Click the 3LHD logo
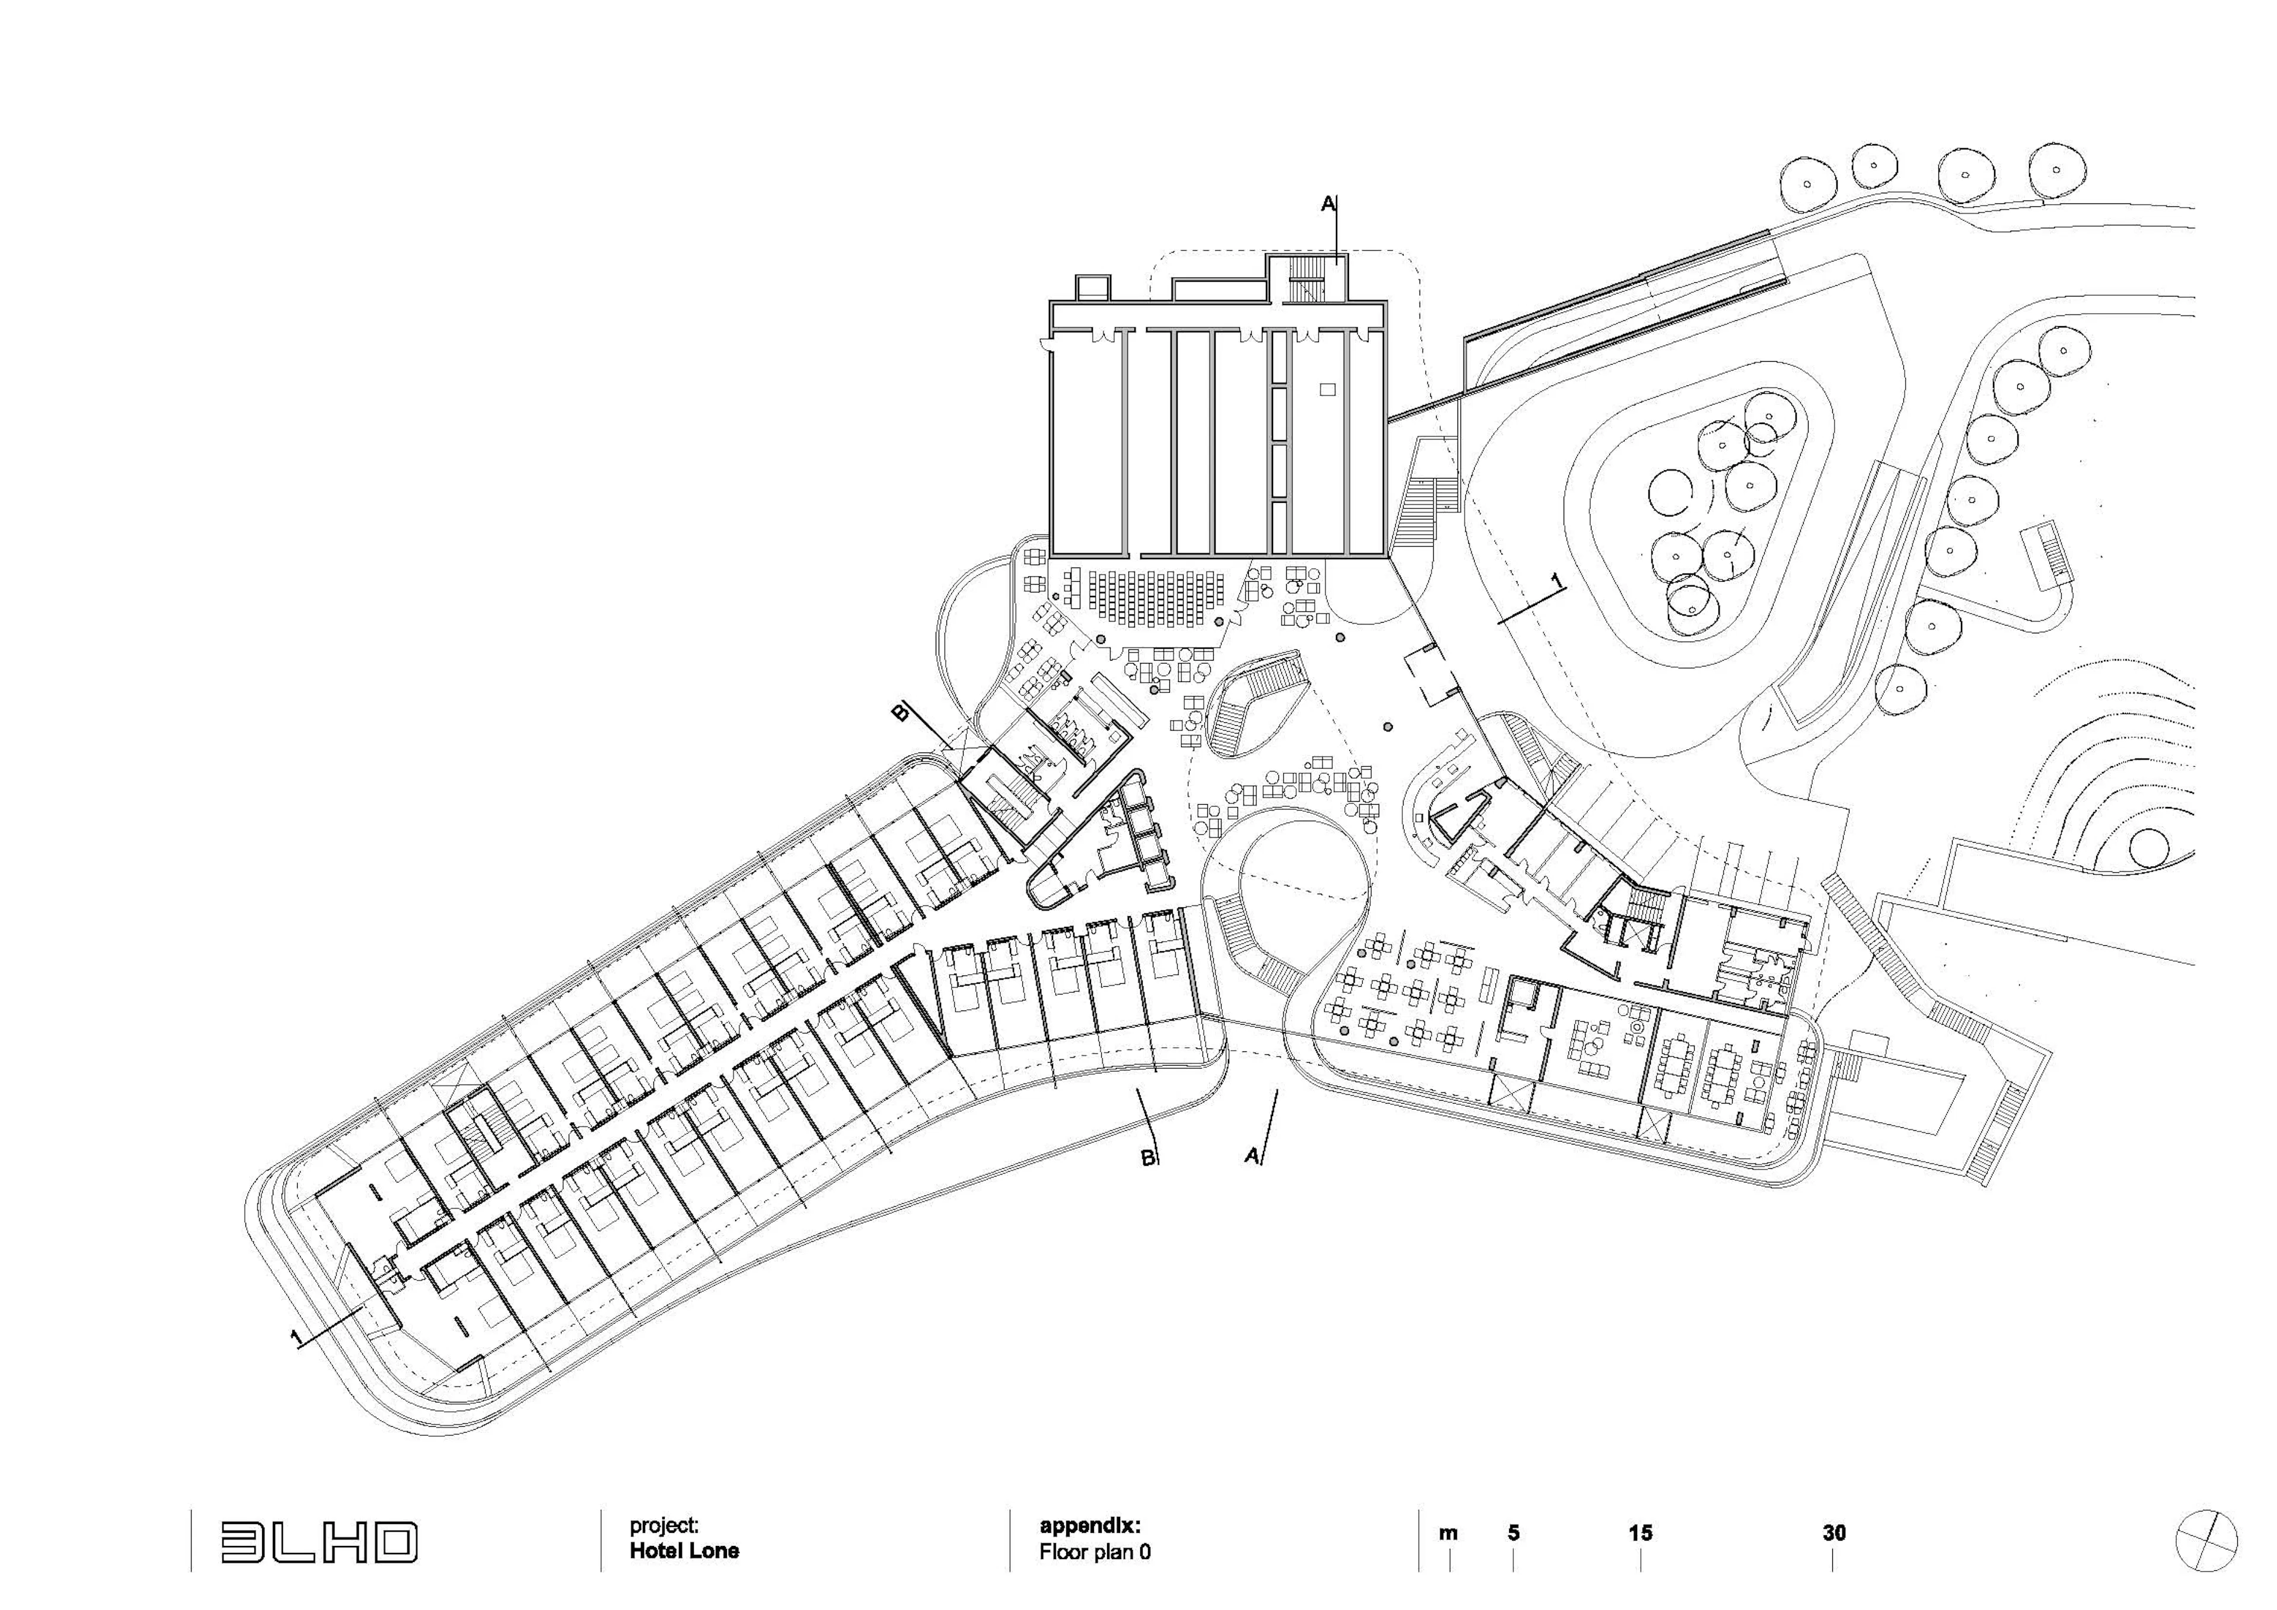tap(318, 1542)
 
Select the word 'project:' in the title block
tap(664, 1526)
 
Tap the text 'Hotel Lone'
tap(684, 1551)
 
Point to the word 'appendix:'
tap(1090, 1526)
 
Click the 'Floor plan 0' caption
tap(1095, 1551)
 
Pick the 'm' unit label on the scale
tap(1448, 1533)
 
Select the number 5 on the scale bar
tap(1513, 1533)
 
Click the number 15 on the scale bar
tap(1640, 1533)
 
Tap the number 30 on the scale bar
tap(1833, 1533)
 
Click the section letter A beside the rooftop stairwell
tap(1328, 205)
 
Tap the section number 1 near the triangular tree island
tap(1555, 581)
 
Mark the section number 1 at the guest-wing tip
tap(295, 1338)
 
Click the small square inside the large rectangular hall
tap(1328, 390)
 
